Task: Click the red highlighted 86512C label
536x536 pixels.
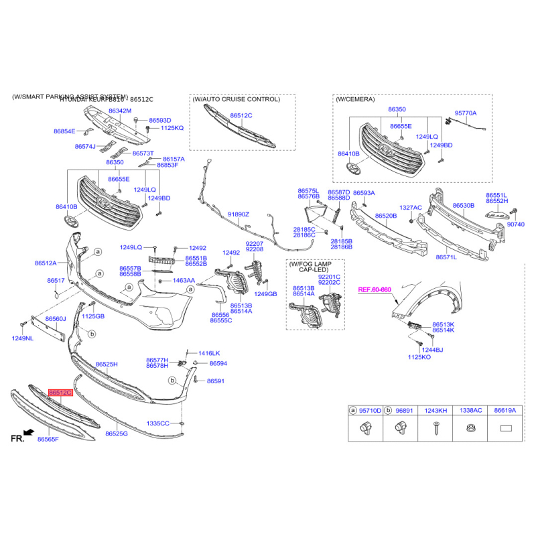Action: tap(60, 391)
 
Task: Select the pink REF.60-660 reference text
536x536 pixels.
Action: tap(375, 290)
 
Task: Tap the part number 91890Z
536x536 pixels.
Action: tap(238, 214)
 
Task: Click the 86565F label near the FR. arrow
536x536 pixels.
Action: tap(48, 440)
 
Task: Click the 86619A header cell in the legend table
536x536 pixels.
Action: tap(505, 410)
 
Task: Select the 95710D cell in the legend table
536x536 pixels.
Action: tap(367, 410)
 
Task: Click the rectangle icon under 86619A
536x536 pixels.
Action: tap(505, 427)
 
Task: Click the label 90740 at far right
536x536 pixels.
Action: tap(516, 224)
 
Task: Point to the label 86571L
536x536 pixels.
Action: tap(446, 257)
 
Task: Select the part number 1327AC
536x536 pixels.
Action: tap(411, 208)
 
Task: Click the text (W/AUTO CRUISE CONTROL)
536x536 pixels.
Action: tap(237, 99)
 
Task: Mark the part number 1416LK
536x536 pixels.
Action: tap(208, 353)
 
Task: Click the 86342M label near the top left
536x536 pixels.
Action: tap(120, 110)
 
